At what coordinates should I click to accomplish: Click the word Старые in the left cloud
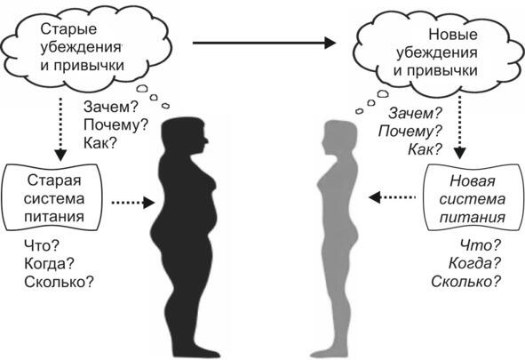(68, 29)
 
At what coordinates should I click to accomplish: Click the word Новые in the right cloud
(453, 35)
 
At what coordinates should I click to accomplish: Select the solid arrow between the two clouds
(264, 43)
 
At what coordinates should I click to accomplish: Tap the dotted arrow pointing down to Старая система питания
(60, 129)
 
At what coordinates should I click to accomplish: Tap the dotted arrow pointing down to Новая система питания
(460, 126)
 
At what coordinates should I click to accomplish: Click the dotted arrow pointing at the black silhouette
(133, 203)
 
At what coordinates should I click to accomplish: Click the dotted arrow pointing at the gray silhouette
(392, 197)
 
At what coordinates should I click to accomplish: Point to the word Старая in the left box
(54, 180)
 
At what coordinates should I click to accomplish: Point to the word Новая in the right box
(472, 181)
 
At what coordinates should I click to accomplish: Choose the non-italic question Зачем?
(111, 108)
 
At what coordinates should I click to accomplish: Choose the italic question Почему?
(410, 131)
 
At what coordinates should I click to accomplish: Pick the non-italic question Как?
(100, 143)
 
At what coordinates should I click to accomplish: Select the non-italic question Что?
(42, 246)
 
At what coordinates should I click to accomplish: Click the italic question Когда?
(474, 263)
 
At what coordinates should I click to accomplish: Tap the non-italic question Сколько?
(59, 282)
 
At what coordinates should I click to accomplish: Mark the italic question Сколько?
(465, 281)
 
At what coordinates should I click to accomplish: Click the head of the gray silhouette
(339, 138)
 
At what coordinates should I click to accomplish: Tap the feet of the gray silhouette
(330, 353)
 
